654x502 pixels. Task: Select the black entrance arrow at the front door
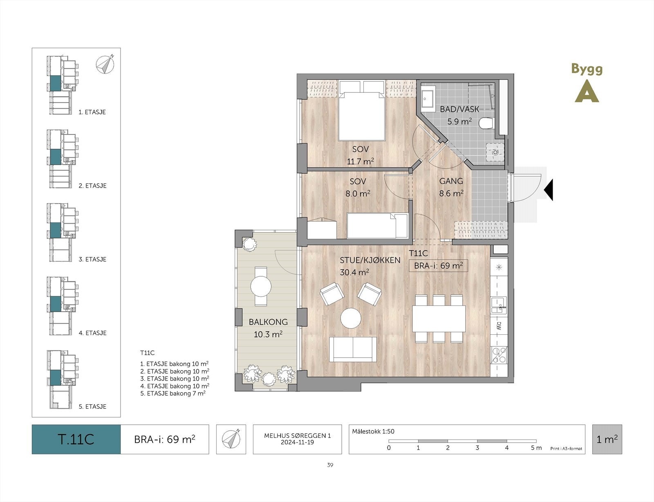[549, 190]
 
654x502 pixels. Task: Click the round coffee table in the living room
[351, 318]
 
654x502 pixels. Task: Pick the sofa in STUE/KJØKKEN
[353, 350]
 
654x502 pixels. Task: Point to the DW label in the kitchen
[499, 326]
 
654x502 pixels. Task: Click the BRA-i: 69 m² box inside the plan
[438, 266]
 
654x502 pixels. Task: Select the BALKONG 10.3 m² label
[268, 328]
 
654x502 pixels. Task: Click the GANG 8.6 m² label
[451, 187]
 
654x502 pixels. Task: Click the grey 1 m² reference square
[607, 439]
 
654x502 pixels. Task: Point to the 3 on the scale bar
[477, 448]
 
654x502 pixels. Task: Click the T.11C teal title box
[76, 439]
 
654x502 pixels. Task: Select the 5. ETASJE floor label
[92, 406]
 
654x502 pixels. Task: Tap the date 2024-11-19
[297, 442]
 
